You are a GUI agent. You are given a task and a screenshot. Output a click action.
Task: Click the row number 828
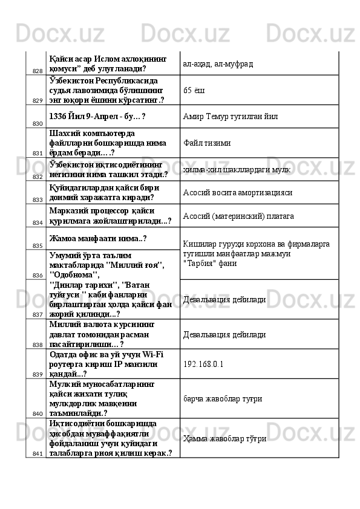pos(38,71)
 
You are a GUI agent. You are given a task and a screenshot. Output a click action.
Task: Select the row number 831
pos(38,154)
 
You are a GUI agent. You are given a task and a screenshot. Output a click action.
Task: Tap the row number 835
pos(38,245)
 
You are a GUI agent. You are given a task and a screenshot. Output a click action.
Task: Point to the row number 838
pos(38,345)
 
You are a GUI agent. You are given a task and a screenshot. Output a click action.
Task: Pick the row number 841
pos(38,453)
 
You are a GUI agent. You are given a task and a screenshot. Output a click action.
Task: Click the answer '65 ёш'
pos(193,89)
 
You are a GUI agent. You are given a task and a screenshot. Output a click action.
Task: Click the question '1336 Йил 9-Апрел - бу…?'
pos(98,115)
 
